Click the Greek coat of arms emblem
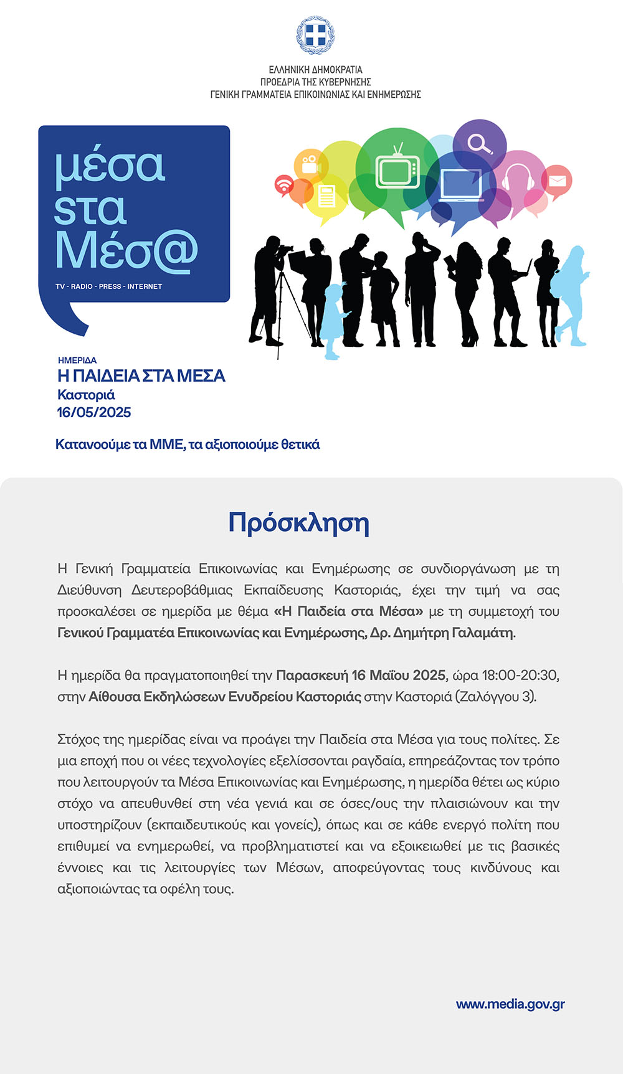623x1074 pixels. [315, 35]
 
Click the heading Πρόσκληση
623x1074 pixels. [298, 523]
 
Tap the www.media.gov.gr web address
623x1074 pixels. [510, 1004]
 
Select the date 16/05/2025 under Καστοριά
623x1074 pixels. [94, 412]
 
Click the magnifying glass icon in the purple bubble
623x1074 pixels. [480, 144]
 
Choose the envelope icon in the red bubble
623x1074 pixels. [557, 181]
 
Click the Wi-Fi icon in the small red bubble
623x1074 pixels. [284, 185]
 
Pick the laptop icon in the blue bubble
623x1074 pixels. [461, 185]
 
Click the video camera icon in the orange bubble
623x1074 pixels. [310, 164]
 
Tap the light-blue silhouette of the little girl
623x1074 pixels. [334, 321]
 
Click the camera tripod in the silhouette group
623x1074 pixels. [286, 305]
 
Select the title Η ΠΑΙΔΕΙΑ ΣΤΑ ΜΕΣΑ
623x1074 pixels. [141, 376]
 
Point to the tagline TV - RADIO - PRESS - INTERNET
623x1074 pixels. [108, 286]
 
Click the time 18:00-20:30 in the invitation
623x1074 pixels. [520, 676]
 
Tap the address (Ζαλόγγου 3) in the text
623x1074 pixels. [496, 697]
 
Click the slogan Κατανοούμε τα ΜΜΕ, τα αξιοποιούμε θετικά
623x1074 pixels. [188, 445]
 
